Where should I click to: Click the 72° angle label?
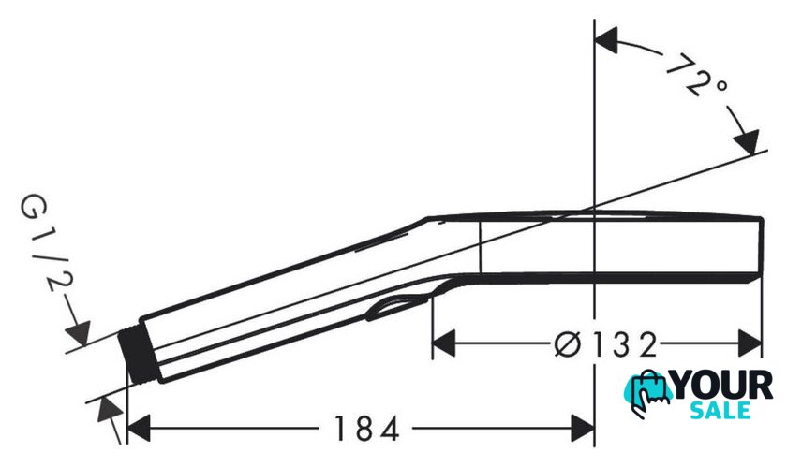698,78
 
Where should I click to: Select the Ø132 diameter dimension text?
605,344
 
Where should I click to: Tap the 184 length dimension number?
366,429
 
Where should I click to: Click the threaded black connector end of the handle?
139,358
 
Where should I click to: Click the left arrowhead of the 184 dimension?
139,429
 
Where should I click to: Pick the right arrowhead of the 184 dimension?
582,429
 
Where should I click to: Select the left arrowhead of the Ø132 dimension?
444,343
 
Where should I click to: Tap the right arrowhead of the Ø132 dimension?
750,343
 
